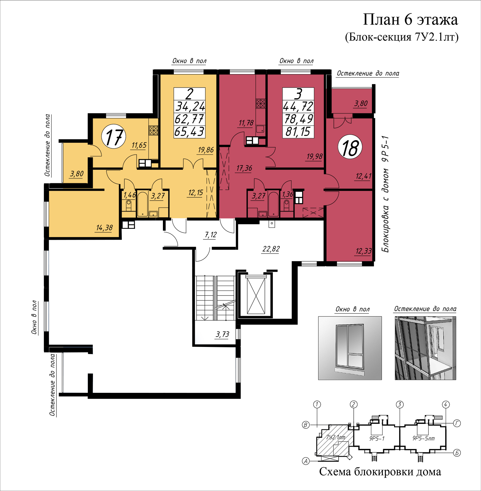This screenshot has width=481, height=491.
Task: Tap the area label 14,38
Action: pos(105,228)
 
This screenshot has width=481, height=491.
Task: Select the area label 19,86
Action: pos(206,150)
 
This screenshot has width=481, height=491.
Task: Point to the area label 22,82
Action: pos(271,249)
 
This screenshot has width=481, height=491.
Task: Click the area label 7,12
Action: pos(211,235)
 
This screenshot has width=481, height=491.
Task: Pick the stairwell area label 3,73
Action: pos(223,334)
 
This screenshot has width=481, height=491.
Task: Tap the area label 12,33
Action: pos(363,251)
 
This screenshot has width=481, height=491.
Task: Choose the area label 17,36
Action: pos(244,168)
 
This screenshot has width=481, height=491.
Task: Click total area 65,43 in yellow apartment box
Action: pos(189,132)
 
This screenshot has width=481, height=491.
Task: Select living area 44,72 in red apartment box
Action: pos(298,106)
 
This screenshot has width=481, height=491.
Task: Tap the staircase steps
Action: pos(215,298)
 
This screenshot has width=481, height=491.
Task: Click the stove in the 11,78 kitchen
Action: pos(261,103)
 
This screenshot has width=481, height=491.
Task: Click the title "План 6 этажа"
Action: pos(410,20)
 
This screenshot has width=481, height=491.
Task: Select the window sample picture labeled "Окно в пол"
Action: pos(350,348)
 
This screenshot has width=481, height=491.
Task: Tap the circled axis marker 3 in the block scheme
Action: pos(400,404)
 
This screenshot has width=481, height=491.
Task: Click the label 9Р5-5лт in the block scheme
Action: pos(424,438)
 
